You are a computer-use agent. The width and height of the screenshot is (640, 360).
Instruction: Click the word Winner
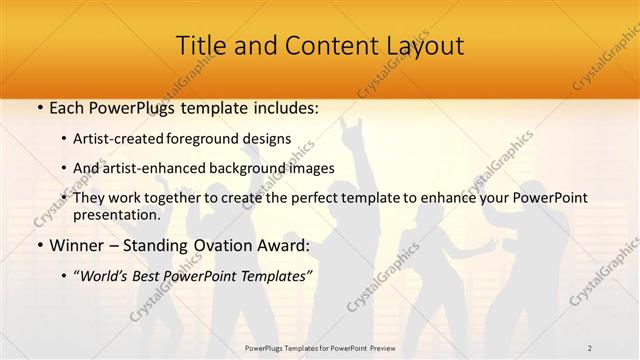click(x=76, y=244)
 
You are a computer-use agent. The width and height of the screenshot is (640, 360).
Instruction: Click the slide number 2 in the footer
click(x=589, y=347)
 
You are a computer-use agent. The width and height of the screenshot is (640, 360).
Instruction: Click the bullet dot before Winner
click(x=39, y=245)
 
